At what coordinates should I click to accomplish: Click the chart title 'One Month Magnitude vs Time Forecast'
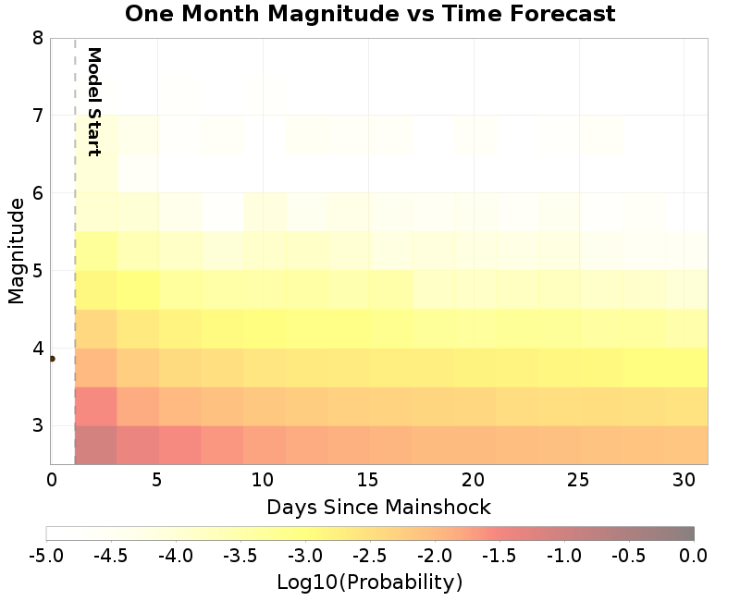370,14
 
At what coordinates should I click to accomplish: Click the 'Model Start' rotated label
93,102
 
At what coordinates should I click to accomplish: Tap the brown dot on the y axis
52,359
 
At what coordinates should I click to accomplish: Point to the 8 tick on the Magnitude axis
37,38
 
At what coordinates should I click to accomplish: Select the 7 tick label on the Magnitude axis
37,116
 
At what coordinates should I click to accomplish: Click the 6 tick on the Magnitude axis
37,193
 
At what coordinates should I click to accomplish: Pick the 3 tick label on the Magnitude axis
37,426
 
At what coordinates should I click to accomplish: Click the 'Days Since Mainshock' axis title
378,507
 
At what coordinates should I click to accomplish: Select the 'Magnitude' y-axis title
16,251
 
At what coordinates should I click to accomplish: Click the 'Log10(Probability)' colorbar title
369,583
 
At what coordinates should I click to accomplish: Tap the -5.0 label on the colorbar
46,556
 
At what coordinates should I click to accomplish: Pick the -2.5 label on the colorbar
370,556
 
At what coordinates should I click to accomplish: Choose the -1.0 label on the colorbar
564,556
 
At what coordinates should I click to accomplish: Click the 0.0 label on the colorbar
694,556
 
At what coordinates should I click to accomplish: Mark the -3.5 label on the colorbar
240,556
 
